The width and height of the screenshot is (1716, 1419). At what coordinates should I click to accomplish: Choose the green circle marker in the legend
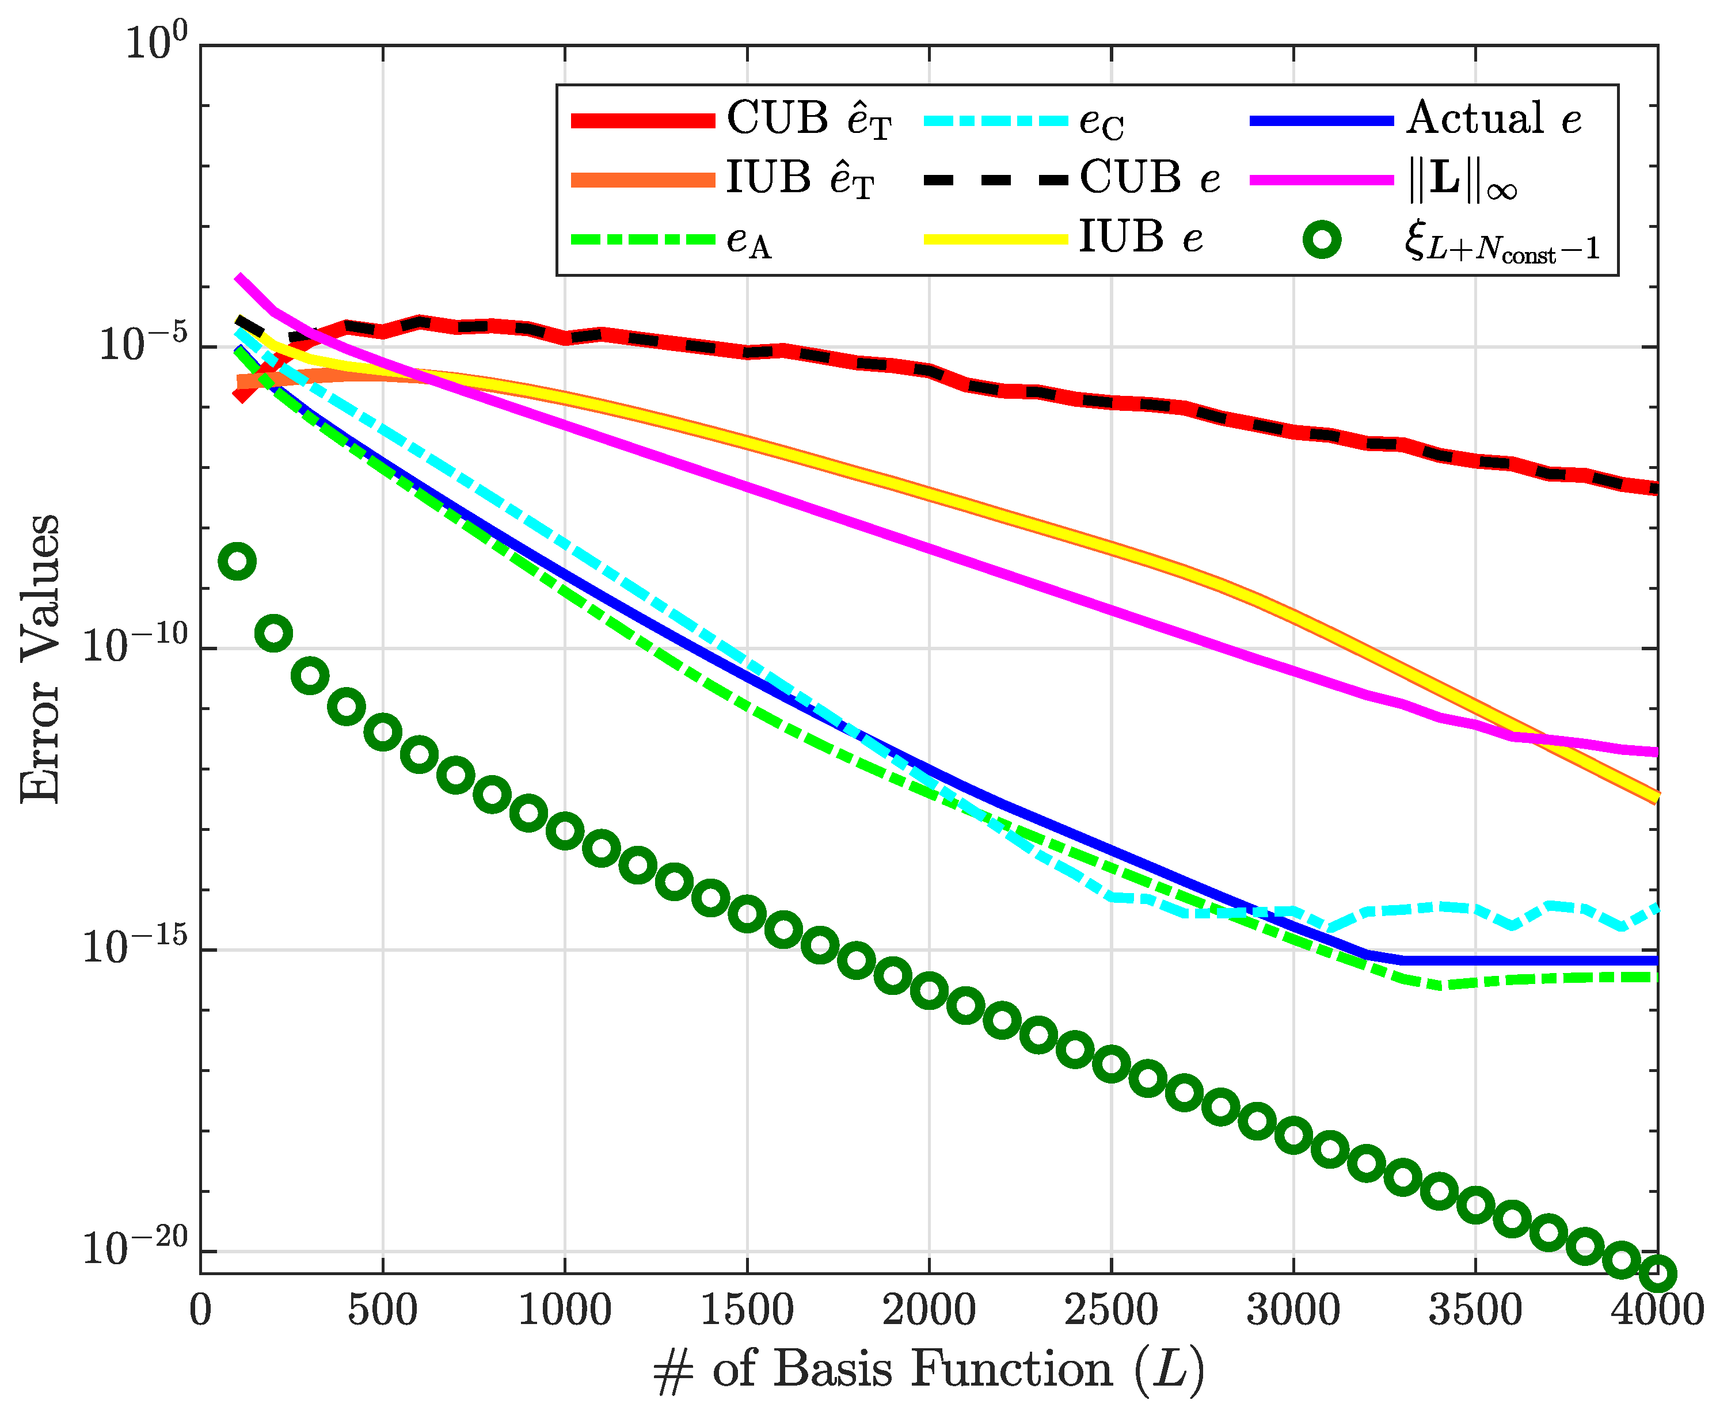point(1321,240)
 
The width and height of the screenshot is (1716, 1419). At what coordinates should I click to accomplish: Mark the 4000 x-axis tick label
point(1657,1311)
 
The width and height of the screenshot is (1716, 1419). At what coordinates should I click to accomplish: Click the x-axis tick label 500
point(382,1311)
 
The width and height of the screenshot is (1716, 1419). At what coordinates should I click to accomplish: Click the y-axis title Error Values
point(39,658)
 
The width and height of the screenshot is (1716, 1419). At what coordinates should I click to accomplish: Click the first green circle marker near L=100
point(237,561)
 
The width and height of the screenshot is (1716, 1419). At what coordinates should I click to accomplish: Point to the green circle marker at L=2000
point(929,990)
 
